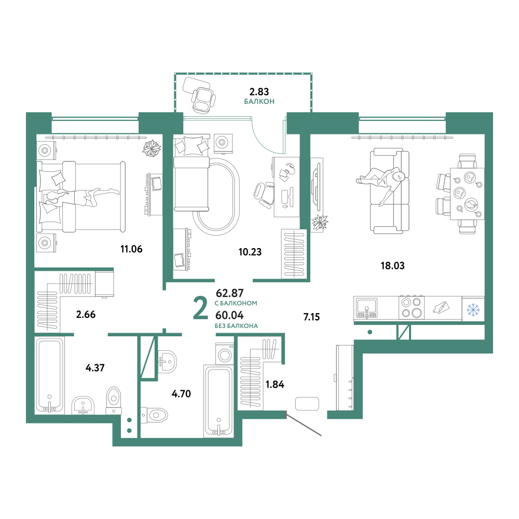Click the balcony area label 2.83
[259, 91]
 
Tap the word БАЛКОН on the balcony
[259, 101]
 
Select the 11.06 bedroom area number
[131, 249]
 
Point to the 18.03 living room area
[392, 265]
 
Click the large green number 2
[200, 308]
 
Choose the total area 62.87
[230, 293]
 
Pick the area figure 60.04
[229, 315]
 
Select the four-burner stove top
[412, 307]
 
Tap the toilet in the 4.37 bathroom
[114, 401]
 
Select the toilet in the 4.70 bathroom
[154, 415]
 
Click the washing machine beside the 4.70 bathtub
[225, 354]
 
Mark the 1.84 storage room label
[275, 384]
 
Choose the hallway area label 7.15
[311, 317]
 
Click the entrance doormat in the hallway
[307, 404]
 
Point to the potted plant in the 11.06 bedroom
[152, 148]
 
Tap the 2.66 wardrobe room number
[86, 314]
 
